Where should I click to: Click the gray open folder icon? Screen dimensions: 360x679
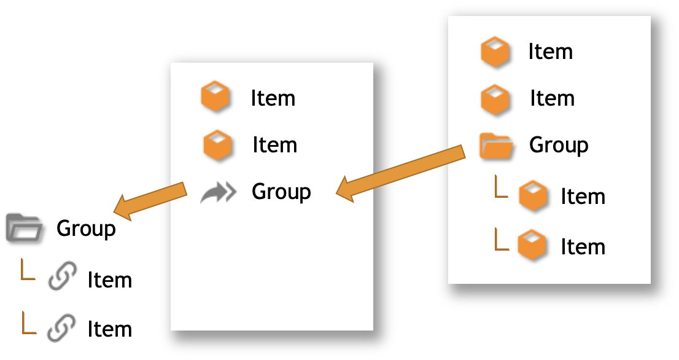pyautogui.click(x=24, y=227)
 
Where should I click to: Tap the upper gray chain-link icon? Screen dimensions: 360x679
pyautogui.click(x=63, y=275)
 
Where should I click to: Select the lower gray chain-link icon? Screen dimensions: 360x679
pyautogui.click(x=61, y=327)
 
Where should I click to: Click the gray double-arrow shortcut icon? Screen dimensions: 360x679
pyautogui.click(x=219, y=193)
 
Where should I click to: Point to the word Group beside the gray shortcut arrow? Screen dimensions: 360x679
pyautogui.click(x=281, y=192)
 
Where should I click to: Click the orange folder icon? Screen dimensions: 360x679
pyautogui.click(x=496, y=146)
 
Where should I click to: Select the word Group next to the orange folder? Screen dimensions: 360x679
pyautogui.click(x=559, y=146)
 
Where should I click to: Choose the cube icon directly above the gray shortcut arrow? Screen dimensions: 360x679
pyautogui.click(x=217, y=145)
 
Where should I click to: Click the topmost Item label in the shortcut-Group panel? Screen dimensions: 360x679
pyautogui.click(x=273, y=98)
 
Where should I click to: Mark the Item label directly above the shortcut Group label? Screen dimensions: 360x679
pyautogui.click(x=274, y=145)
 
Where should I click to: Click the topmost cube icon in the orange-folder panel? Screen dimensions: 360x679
pyautogui.click(x=495, y=52)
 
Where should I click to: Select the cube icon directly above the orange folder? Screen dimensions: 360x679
pyautogui.click(x=495, y=99)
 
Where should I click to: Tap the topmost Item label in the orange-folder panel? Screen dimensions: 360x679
pyautogui.click(x=550, y=52)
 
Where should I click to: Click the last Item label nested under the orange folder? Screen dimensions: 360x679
pyautogui.click(x=583, y=247)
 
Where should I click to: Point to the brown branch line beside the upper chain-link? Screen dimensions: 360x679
pyautogui.click(x=28, y=270)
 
